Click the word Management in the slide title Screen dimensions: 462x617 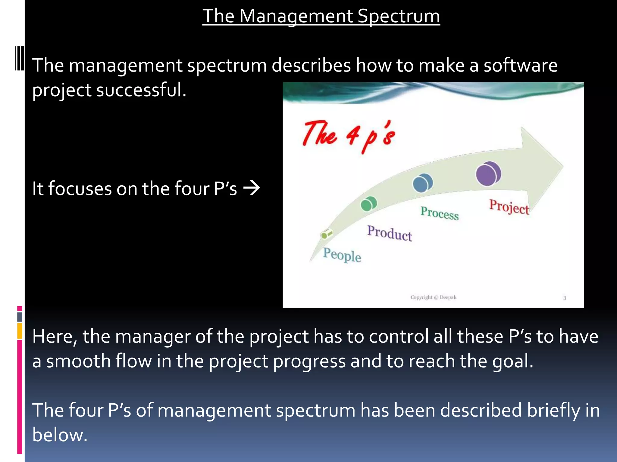coord(296,16)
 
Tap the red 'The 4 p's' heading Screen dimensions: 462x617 coord(349,136)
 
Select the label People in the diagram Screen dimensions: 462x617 coord(342,255)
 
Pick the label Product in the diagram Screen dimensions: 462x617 coord(389,233)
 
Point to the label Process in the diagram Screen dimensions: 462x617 coord(440,213)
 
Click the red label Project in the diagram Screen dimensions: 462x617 coord(509,207)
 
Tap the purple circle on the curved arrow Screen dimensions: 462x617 coord(488,174)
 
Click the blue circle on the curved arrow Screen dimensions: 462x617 coord(422,183)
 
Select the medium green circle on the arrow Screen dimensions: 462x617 coord(368,204)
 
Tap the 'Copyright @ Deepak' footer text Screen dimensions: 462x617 coord(433,297)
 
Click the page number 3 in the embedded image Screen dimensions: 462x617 coord(565,298)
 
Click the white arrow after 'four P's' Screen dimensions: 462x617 coord(252,189)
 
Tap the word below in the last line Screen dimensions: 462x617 coord(60,435)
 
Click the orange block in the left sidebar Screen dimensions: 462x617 coord(20,331)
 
